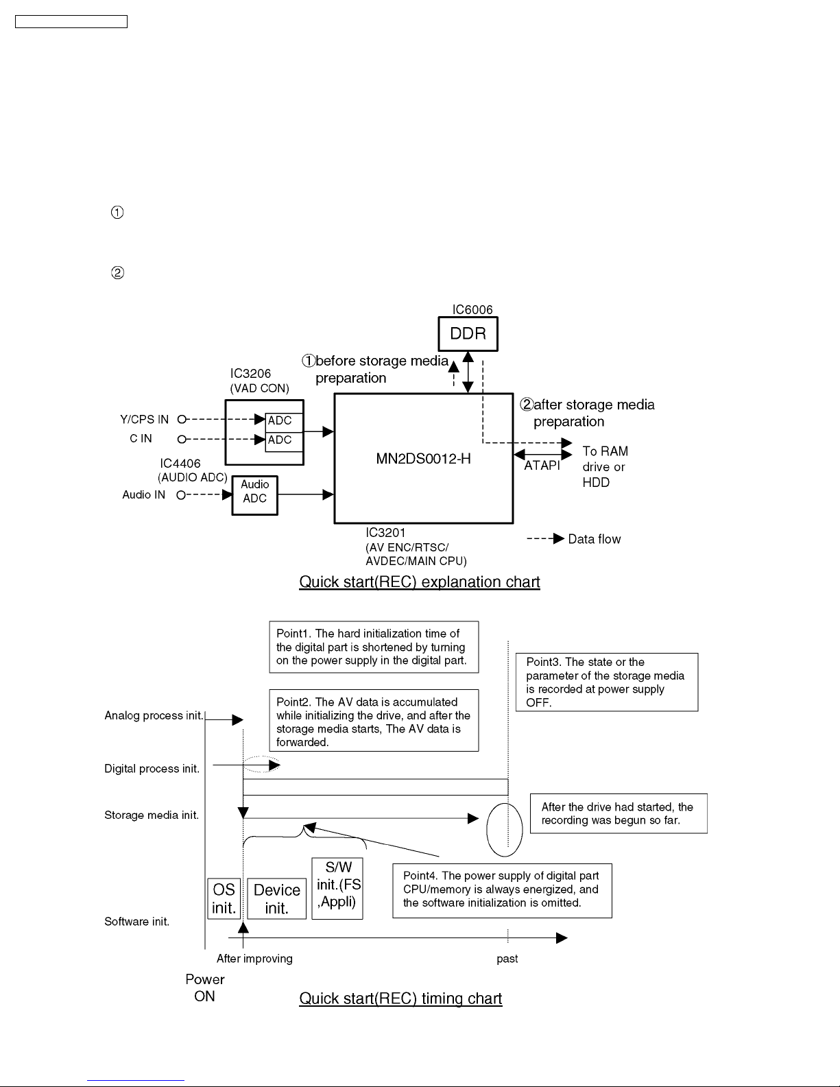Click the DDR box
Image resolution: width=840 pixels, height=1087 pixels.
click(468, 334)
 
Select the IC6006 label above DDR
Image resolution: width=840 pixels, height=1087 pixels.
click(472, 310)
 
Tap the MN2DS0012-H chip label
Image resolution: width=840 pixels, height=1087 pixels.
click(424, 459)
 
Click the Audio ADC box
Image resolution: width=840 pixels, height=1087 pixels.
click(255, 495)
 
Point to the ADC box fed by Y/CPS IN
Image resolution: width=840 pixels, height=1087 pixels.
click(283, 421)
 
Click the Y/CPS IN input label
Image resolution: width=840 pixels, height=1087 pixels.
click(145, 419)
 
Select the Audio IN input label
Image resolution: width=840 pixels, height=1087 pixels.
click(143, 494)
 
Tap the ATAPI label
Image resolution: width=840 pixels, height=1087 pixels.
click(542, 466)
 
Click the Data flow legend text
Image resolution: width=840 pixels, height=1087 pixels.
click(595, 539)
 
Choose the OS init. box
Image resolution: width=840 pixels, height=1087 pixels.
click(224, 898)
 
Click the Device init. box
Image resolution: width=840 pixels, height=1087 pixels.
click(277, 898)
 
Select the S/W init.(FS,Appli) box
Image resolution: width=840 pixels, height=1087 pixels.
click(337, 888)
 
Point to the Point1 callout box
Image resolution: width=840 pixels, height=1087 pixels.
click(374, 647)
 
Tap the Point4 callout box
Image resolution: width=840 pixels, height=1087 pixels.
click(503, 890)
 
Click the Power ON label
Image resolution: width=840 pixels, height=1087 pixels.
click(205, 988)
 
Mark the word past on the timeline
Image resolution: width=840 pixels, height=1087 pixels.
click(507, 959)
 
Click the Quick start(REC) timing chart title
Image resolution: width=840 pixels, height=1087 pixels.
click(400, 999)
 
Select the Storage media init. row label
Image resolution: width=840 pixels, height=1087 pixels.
click(152, 815)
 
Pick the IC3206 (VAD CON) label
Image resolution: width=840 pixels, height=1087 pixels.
click(259, 381)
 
